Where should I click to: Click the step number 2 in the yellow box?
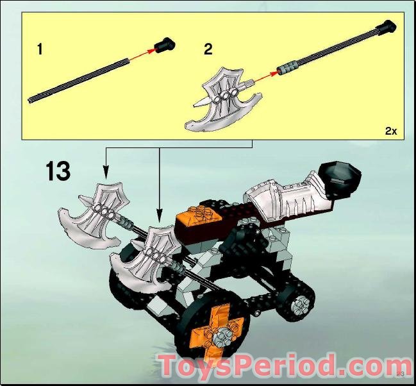[208, 50]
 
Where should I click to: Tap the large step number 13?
[58, 172]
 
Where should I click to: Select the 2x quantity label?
[390, 130]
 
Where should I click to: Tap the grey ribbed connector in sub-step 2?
[287, 67]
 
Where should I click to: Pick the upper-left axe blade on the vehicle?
[93, 215]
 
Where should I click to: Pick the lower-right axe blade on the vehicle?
[144, 260]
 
